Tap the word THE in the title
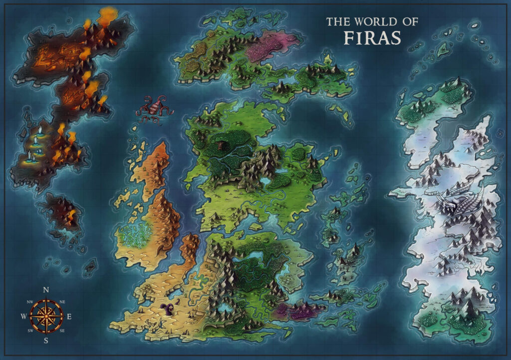pyautogui.click(x=337, y=22)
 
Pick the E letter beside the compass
pyautogui.click(x=69, y=317)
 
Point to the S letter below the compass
pyautogui.click(x=46, y=341)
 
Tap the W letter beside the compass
pyautogui.click(x=23, y=317)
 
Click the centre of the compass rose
pyautogui.click(x=46, y=316)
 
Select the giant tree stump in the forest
pyautogui.click(x=221, y=145)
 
